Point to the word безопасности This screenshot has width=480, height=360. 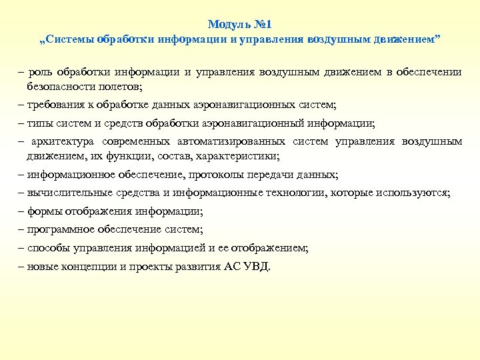click(59, 87)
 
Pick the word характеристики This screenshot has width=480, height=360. click(227, 156)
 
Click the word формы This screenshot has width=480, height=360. click(42, 211)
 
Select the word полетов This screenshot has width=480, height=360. click(123, 87)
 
